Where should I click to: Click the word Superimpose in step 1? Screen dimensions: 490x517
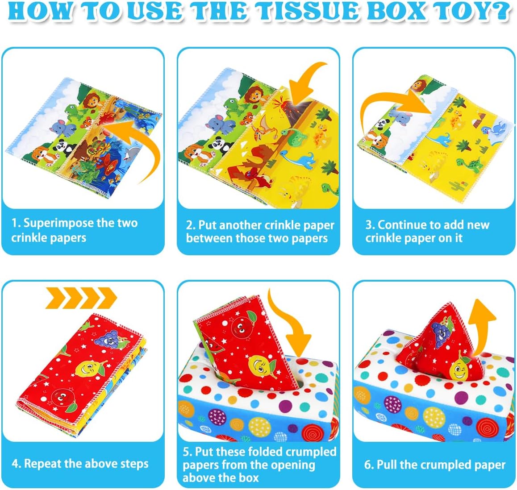coord(58,223)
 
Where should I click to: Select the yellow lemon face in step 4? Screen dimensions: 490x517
coord(87,368)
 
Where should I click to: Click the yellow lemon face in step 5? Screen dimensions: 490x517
coord(257,364)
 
